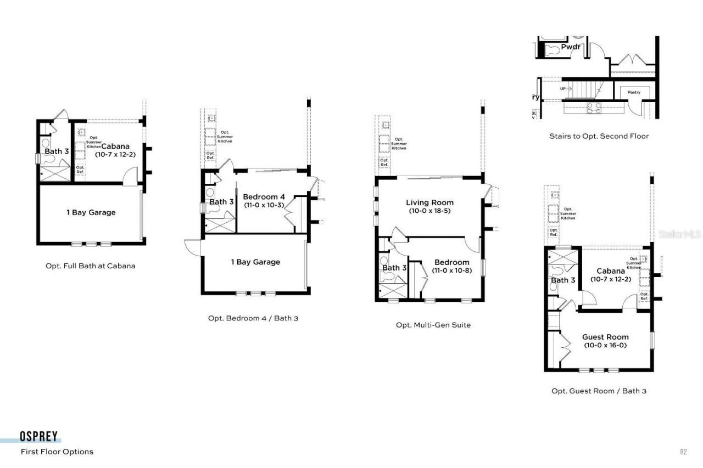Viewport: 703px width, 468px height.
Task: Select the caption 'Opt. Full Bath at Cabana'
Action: [x=90, y=266]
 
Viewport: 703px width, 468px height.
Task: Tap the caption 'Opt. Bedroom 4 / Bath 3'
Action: [x=253, y=318]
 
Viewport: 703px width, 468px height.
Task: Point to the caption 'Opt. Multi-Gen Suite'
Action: [x=433, y=325]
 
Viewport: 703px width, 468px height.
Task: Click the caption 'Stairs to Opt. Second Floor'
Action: [x=599, y=136]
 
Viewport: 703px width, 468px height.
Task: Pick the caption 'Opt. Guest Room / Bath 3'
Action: [x=603, y=391]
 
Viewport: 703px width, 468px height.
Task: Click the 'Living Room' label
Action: [x=429, y=202]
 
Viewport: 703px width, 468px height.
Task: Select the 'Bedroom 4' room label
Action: [x=264, y=196]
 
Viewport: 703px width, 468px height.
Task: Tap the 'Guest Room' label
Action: [x=605, y=337]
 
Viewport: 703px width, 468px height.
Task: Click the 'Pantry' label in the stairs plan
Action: [x=634, y=92]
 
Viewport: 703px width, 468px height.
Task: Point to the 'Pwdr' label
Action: [x=571, y=47]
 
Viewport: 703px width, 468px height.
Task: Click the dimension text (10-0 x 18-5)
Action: [x=429, y=211]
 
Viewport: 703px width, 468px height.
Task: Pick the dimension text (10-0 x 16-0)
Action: [x=605, y=345]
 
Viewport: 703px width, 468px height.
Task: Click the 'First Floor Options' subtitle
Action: [x=57, y=452]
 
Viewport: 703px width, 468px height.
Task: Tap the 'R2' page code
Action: [x=683, y=452]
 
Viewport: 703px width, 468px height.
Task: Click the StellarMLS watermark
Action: [x=679, y=234]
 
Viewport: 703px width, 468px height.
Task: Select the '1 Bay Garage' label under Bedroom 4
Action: [x=255, y=262]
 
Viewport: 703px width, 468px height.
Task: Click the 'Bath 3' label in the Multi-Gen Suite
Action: [x=394, y=268]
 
